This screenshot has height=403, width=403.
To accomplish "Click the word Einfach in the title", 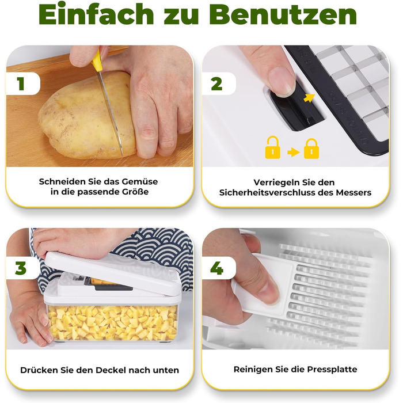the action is coord(96,14).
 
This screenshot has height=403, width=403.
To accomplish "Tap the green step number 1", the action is coord(21,83).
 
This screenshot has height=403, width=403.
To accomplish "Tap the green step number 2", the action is coord(216,83).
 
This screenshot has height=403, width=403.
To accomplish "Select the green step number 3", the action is coord(21,268).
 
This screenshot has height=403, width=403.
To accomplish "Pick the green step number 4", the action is coord(216,268).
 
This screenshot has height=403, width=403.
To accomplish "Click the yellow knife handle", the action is coord(97,61).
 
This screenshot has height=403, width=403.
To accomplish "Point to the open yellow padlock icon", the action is coord(272,147).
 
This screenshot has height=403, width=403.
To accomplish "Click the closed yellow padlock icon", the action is coord(311,149).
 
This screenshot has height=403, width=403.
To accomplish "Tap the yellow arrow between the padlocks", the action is coord(293,153).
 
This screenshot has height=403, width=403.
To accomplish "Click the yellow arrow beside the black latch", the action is coord(309,98).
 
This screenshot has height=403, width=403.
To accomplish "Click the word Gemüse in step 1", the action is coord(139,182).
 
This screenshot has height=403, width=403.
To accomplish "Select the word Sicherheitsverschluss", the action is coord(267,192).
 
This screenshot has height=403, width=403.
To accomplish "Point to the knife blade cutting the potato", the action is coord(111,113).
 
